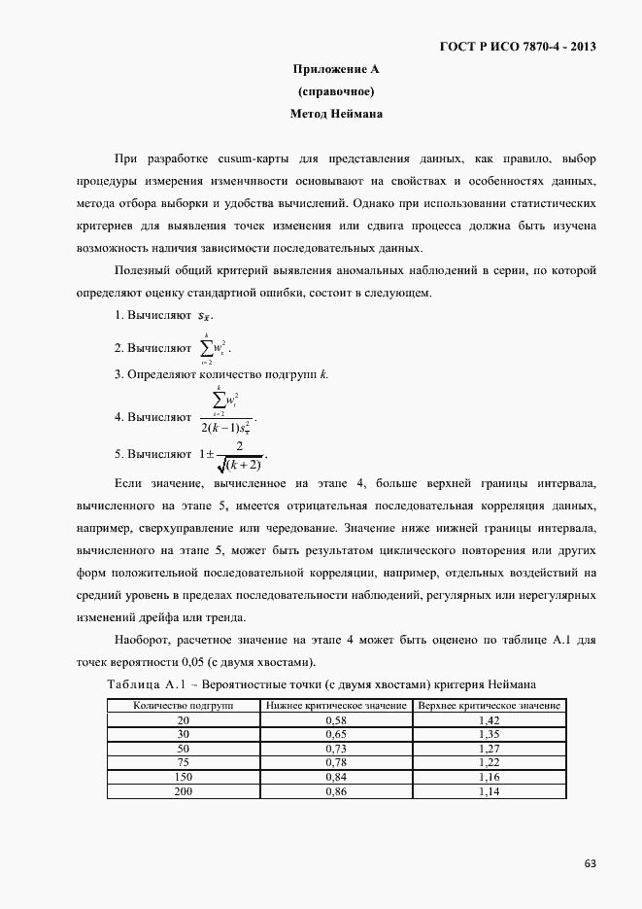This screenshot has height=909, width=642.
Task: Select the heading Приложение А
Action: coord(335,69)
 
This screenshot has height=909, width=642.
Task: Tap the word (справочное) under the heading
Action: coord(335,91)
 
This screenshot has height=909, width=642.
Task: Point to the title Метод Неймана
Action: coord(336,114)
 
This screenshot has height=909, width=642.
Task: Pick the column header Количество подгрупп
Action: coord(184,705)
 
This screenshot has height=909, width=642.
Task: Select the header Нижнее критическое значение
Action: coord(336,705)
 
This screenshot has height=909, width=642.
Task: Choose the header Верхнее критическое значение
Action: coord(489,705)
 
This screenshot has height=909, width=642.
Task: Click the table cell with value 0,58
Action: coord(336,719)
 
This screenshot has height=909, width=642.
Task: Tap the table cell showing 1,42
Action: coord(489,719)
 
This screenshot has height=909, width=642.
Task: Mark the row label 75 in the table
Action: coord(184,763)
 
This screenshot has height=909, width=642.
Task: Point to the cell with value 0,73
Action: coord(336,749)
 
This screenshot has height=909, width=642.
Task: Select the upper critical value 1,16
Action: coord(489,778)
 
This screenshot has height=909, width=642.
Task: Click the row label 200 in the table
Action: coord(184,792)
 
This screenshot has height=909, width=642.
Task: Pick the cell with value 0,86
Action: coord(336,792)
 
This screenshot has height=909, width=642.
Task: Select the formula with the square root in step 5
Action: coord(230,454)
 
